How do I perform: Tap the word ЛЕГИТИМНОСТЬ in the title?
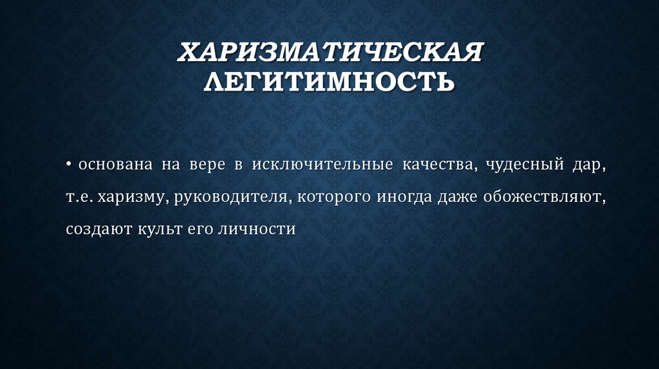coord(329,82)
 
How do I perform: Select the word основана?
coord(116,166)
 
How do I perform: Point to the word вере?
coord(205,166)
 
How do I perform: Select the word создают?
coord(97,229)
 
